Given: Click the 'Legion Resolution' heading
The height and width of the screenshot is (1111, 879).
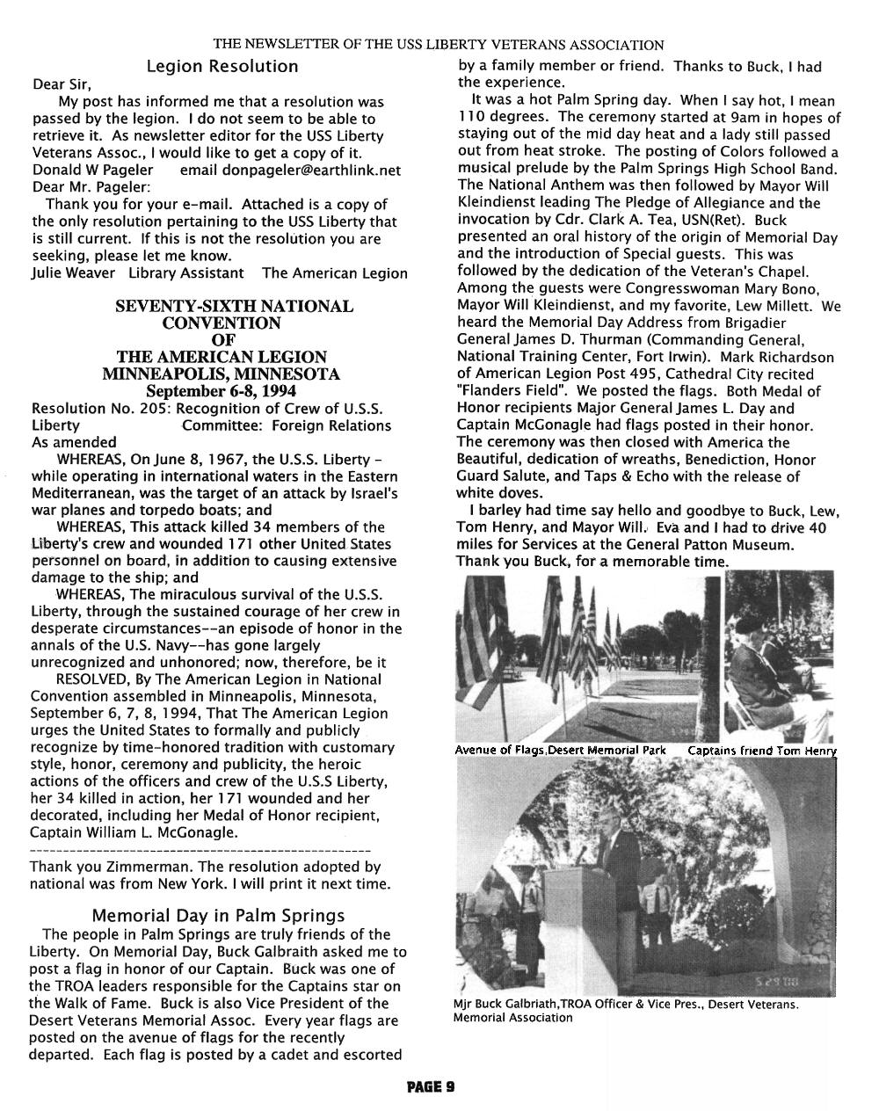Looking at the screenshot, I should point(222,67).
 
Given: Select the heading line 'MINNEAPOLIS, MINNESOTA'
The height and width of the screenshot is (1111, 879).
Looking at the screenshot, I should point(222,374).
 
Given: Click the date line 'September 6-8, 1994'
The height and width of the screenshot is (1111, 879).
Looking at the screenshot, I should point(222,391).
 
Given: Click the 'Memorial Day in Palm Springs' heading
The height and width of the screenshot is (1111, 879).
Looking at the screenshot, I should point(218,916).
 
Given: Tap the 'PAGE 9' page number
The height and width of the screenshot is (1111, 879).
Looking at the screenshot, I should point(431,1086).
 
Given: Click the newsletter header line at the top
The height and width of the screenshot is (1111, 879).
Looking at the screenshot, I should point(439,45).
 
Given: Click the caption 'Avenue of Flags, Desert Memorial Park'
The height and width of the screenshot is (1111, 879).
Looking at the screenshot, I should point(560,751).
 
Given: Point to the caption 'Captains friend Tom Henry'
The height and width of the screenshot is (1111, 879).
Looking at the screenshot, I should point(761,751).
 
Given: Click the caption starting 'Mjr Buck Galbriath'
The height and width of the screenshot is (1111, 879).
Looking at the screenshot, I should point(626,1005).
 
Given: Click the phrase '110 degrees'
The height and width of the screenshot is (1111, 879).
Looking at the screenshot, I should point(505,118).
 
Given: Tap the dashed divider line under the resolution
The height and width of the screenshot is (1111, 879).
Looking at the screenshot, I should point(200,851).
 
